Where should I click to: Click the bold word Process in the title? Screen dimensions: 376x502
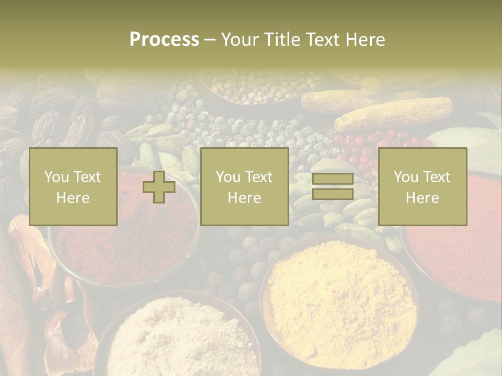click(164, 40)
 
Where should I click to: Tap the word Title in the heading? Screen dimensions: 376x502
click(280, 40)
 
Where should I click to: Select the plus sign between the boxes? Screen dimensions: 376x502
click(159, 187)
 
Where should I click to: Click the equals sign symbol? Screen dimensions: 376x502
click(333, 186)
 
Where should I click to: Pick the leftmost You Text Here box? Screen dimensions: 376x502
click(73, 187)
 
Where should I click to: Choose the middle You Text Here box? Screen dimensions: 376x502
click(245, 187)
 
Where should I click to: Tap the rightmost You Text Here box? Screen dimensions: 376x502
click(423, 187)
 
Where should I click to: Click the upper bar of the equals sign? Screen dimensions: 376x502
click(333, 180)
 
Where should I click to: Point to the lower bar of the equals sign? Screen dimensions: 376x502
click(333, 194)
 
